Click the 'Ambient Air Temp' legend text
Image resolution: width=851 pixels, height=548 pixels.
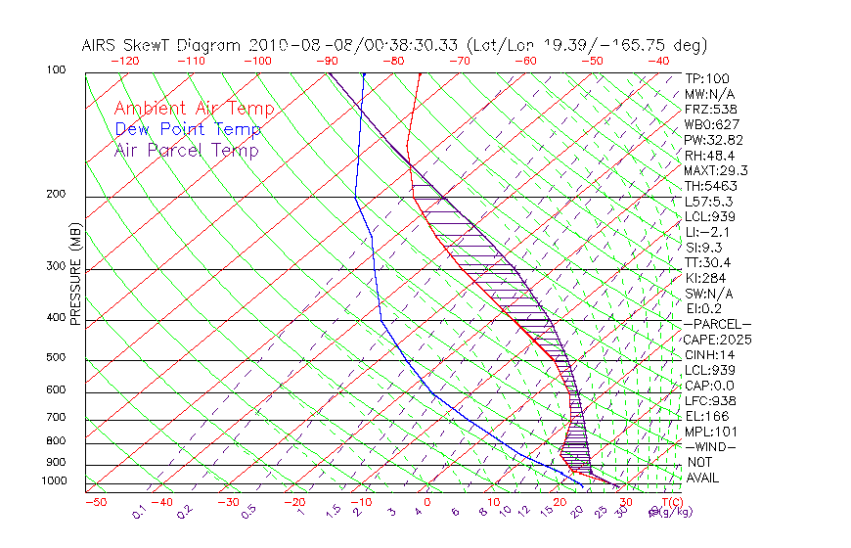pyautogui.click(x=194, y=109)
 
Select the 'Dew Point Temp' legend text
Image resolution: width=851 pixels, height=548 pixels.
pyautogui.click(x=188, y=129)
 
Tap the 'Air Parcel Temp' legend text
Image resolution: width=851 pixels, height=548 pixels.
pyautogui.click(x=186, y=150)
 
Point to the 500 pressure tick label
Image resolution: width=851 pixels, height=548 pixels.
pyautogui.click(x=56, y=358)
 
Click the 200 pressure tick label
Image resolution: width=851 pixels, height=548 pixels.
pyautogui.click(x=56, y=195)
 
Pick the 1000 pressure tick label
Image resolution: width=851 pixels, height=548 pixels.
pyautogui.click(x=53, y=481)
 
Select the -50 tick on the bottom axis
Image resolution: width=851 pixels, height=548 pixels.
pyautogui.click(x=95, y=502)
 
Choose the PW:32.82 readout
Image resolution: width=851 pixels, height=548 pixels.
pyautogui.click(x=711, y=140)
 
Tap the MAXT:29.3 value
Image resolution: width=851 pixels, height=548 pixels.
pyautogui.click(x=714, y=170)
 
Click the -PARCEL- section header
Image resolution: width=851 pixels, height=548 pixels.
pyautogui.click(x=717, y=324)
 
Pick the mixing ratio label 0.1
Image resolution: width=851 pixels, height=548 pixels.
pyautogui.click(x=140, y=511)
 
